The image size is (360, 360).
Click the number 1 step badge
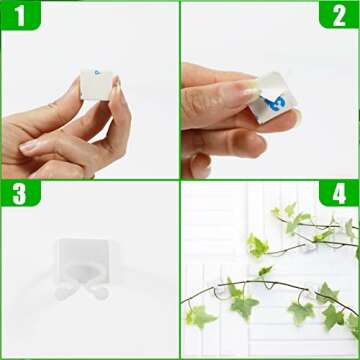click(x=17, y=17)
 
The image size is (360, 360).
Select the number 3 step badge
click(x=17, y=196)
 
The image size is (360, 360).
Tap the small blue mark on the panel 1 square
click(x=96, y=71)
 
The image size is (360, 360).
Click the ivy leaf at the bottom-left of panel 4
click(x=200, y=318)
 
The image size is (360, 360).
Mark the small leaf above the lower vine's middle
click(x=264, y=271)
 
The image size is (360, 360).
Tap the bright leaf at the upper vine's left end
click(x=257, y=246)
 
